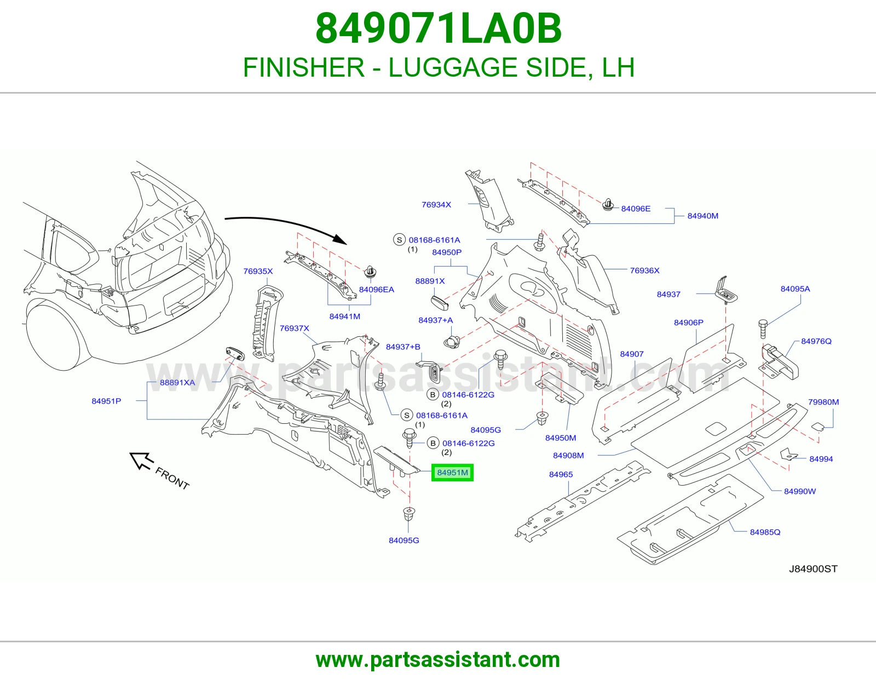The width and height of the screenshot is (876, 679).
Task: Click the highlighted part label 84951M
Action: click(x=452, y=473)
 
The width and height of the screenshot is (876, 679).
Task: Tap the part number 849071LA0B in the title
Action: click(x=439, y=28)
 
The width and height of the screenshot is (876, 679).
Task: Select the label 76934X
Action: click(x=436, y=205)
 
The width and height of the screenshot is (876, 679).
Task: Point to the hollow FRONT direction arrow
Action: click(x=142, y=461)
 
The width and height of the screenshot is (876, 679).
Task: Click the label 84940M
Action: click(x=702, y=216)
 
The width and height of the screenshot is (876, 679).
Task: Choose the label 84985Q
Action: click(x=765, y=532)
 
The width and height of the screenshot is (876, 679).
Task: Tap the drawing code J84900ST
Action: click(x=813, y=569)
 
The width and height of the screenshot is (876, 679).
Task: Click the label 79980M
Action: click(x=823, y=402)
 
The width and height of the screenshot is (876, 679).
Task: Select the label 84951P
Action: click(x=106, y=401)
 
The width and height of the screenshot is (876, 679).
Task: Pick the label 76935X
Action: click(x=258, y=272)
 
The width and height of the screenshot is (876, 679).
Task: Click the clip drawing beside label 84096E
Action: click(x=608, y=205)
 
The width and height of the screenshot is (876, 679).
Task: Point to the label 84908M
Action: click(x=568, y=456)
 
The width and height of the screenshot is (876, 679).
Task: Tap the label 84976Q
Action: click(x=816, y=341)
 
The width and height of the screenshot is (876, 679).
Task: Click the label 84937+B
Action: click(x=403, y=347)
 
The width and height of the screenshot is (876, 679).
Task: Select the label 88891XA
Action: click(x=177, y=383)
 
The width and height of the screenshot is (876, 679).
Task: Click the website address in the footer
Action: click(x=438, y=660)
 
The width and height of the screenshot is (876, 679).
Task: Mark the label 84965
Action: click(x=561, y=475)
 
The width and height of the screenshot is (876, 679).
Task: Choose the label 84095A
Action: click(x=796, y=289)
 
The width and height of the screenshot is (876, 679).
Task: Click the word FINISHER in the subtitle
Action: click(x=303, y=67)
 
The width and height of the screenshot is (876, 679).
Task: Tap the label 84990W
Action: click(x=800, y=492)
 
